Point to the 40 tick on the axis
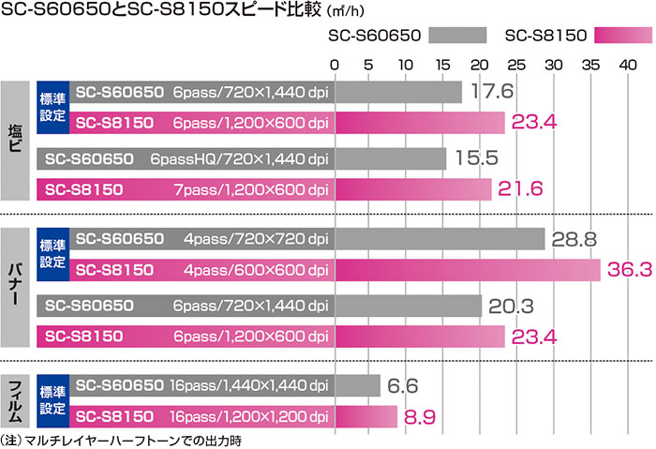[x=629, y=65]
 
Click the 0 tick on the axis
[x=335, y=65]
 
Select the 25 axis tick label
[x=519, y=65]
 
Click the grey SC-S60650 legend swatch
[x=458, y=36]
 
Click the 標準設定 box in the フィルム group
[x=52, y=399]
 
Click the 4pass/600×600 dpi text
[x=249, y=270]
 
